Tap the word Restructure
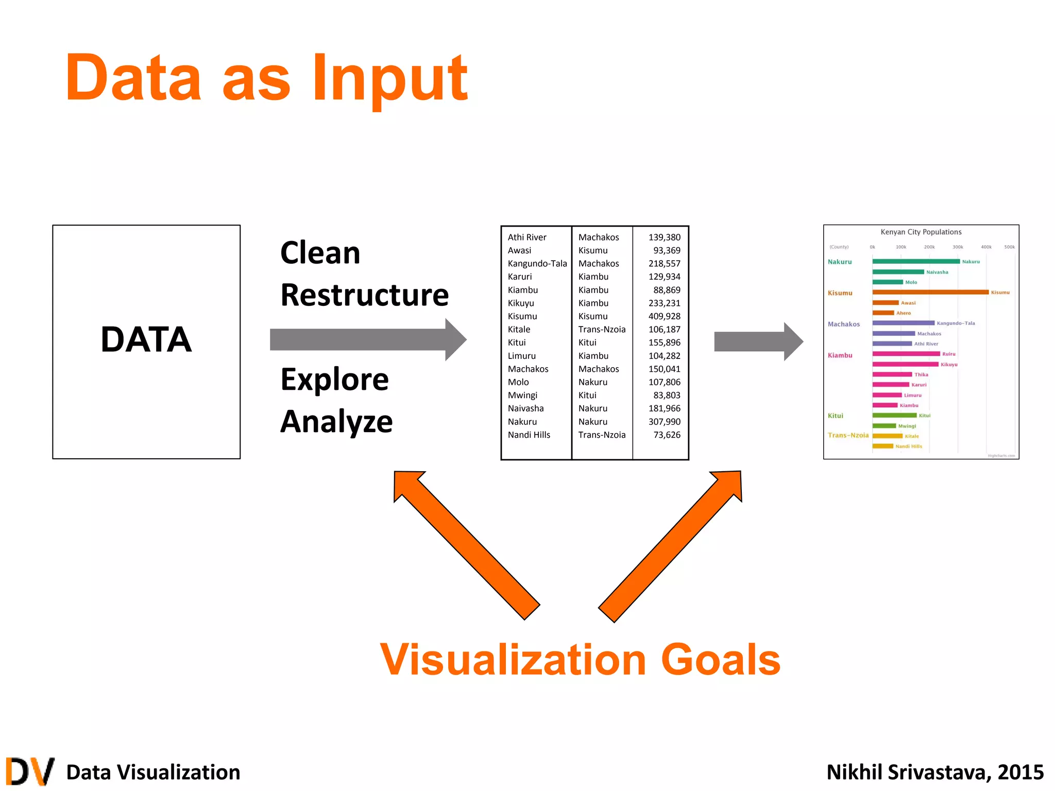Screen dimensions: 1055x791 365,295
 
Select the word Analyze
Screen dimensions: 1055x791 336,422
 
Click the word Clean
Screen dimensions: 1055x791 320,253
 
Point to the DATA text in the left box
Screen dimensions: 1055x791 146,340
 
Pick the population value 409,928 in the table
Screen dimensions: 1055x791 664,316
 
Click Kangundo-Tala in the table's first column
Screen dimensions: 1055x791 537,264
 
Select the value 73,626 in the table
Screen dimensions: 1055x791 667,435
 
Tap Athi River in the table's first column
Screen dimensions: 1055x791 526,237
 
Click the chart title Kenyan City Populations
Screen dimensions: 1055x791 921,232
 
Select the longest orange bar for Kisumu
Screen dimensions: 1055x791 930,292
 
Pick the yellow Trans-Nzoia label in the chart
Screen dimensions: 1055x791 848,435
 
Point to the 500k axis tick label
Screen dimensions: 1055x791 1009,247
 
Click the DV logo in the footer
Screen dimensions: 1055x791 30,771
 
